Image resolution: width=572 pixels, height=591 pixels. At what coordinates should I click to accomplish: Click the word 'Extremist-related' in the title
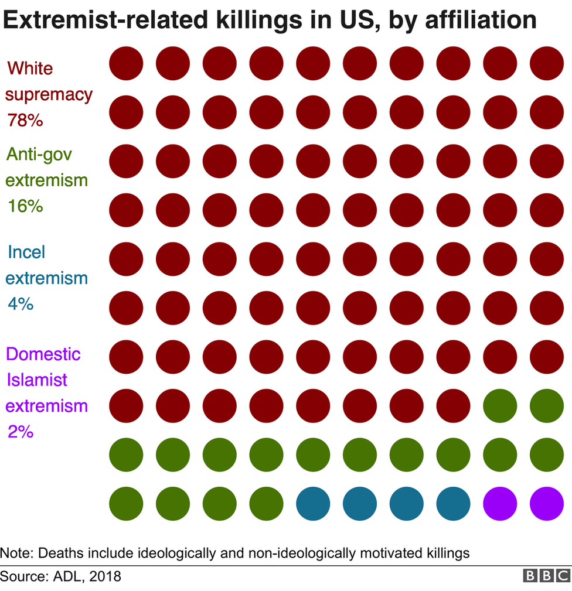(x=105, y=19)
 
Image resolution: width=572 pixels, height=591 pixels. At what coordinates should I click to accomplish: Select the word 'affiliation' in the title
(x=481, y=19)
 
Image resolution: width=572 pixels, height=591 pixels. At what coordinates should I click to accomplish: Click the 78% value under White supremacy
(x=25, y=120)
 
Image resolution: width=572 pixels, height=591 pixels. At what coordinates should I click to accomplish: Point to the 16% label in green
(x=25, y=206)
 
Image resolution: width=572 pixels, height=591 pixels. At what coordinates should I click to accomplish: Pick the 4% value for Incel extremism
(x=21, y=303)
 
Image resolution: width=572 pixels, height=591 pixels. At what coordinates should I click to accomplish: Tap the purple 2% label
(x=21, y=431)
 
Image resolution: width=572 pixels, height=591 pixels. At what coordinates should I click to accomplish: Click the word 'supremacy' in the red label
(x=49, y=95)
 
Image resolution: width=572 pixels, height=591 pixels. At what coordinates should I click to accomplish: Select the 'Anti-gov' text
(x=39, y=155)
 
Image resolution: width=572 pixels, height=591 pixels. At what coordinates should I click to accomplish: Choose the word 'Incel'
(x=26, y=252)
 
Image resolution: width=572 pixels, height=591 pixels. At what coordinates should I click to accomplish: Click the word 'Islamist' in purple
(x=37, y=380)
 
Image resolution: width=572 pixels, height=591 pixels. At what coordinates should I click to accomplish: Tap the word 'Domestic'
(x=43, y=354)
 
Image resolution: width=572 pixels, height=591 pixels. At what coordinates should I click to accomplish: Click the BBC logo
(x=546, y=576)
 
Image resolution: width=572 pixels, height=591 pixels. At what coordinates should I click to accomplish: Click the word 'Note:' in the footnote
(x=17, y=553)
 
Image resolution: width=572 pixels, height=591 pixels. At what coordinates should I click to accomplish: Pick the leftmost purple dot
(x=500, y=504)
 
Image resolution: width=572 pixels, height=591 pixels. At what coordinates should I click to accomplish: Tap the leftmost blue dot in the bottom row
(x=313, y=504)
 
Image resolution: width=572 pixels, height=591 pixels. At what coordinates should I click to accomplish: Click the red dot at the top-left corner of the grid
(x=126, y=63)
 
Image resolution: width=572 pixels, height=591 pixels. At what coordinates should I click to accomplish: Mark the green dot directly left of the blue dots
(x=266, y=504)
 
